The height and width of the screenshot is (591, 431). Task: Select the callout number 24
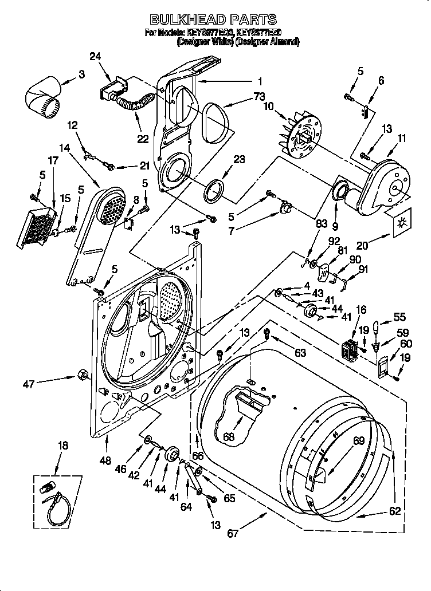[x=96, y=56]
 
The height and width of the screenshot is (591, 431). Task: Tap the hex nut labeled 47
[x=81, y=375]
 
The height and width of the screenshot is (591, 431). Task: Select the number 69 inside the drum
[x=343, y=441]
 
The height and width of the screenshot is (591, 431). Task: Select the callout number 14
[x=65, y=148]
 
